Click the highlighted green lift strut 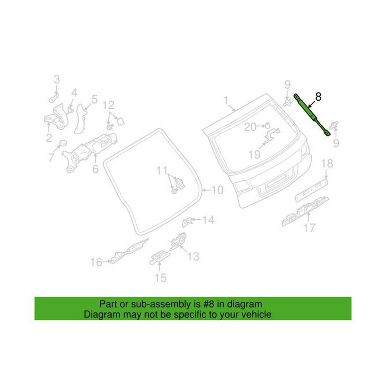point(311,114)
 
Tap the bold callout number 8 point(318,97)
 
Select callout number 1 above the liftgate point(225,100)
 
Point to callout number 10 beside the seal point(217,190)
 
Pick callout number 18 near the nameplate point(327,163)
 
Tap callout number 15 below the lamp point(160,278)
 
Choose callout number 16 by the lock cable point(96,262)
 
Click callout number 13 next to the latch point(193,256)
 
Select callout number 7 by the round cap point(51,158)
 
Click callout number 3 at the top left point(56,79)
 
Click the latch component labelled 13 point(177,241)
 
